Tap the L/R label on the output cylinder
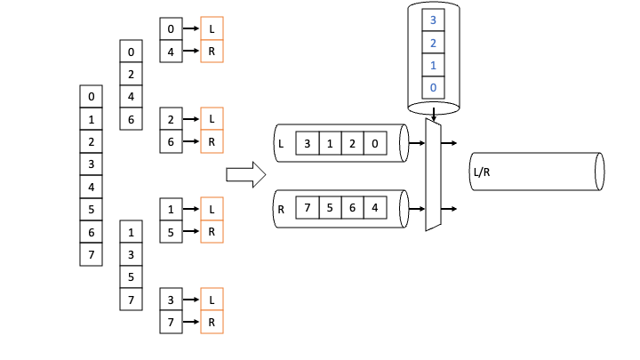point(480,172)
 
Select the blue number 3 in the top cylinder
point(433,19)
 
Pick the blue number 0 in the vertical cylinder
point(433,87)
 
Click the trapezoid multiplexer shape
point(433,175)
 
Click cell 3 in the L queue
point(307,143)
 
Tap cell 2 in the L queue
point(353,143)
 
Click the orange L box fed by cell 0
point(212,28)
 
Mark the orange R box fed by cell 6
point(212,141)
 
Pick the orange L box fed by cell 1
point(212,209)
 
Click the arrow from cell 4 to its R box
point(191,52)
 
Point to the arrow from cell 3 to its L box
point(191,299)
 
